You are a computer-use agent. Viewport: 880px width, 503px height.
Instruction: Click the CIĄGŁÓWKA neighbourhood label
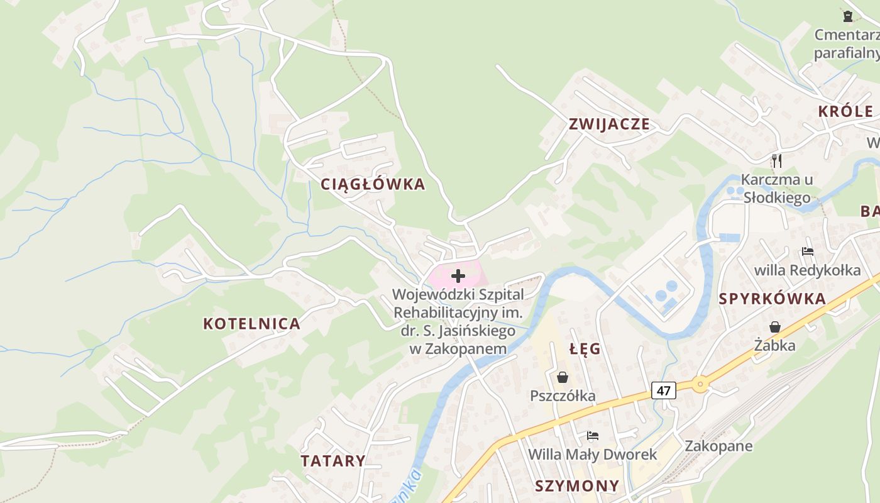point(373,184)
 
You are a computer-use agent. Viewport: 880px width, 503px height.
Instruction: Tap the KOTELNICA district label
point(251,324)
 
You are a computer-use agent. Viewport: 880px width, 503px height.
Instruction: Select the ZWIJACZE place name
point(609,124)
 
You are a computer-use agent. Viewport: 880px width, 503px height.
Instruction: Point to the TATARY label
point(333,461)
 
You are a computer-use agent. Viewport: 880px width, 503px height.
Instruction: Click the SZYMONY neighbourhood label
point(577,486)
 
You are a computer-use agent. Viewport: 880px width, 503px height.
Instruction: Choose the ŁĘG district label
point(585,349)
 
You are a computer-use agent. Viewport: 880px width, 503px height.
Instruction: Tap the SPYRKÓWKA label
point(773,299)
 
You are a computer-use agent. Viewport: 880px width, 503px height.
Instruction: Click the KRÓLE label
point(845,112)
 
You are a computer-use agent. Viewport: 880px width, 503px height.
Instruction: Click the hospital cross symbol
point(458,275)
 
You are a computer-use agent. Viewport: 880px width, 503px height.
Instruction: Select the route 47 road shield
point(663,390)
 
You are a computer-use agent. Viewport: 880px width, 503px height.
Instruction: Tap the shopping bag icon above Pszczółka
point(563,377)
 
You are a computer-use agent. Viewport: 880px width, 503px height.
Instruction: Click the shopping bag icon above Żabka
point(775,327)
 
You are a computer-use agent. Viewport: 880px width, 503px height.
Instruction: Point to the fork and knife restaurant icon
point(777,160)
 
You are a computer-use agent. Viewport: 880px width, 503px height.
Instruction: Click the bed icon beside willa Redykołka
point(808,251)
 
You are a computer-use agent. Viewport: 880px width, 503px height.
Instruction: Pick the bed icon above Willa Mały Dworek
point(592,435)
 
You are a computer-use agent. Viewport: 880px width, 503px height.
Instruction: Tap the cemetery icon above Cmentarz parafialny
point(847,16)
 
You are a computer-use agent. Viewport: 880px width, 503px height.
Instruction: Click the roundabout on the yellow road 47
point(700,384)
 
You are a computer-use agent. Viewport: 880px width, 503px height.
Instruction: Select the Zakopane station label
point(718,446)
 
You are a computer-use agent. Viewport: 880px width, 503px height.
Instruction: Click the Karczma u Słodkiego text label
point(777,189)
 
